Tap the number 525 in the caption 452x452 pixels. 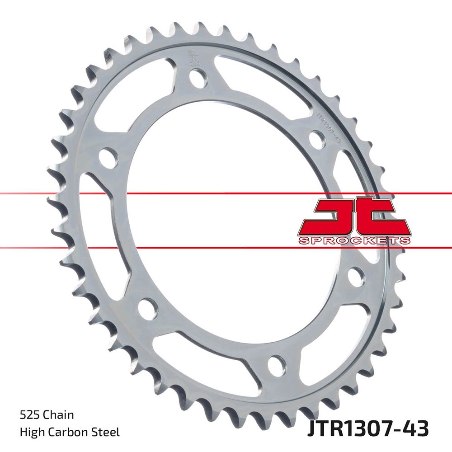coord(28,415)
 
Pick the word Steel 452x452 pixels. coord(106,432)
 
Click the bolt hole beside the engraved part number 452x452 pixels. coord(316,140)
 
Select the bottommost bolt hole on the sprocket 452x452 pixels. coord(276,364)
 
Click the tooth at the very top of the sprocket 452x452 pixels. coord(199,28)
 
